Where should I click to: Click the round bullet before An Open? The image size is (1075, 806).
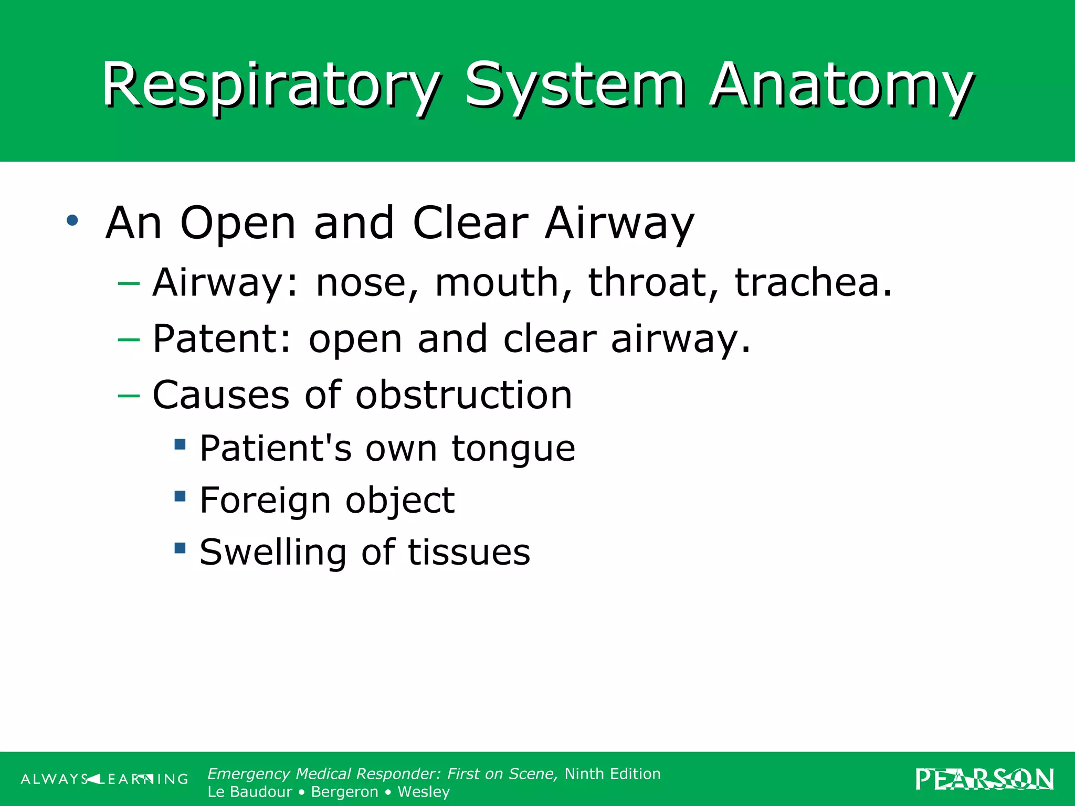point(72,220)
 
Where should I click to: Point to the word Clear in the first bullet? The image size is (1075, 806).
point(470,223)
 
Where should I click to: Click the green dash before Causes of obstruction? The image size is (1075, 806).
point(129,395)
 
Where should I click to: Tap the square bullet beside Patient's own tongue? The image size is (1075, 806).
point(180,444)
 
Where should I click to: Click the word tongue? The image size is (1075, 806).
point(513,449)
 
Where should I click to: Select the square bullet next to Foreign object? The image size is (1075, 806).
point(180,496)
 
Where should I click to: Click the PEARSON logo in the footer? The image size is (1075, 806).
point(984,779)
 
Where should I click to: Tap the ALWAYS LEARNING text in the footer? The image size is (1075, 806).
point(104,779)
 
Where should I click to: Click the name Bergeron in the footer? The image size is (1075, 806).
point(344,792)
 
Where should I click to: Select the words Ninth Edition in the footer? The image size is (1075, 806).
point(612,774)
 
